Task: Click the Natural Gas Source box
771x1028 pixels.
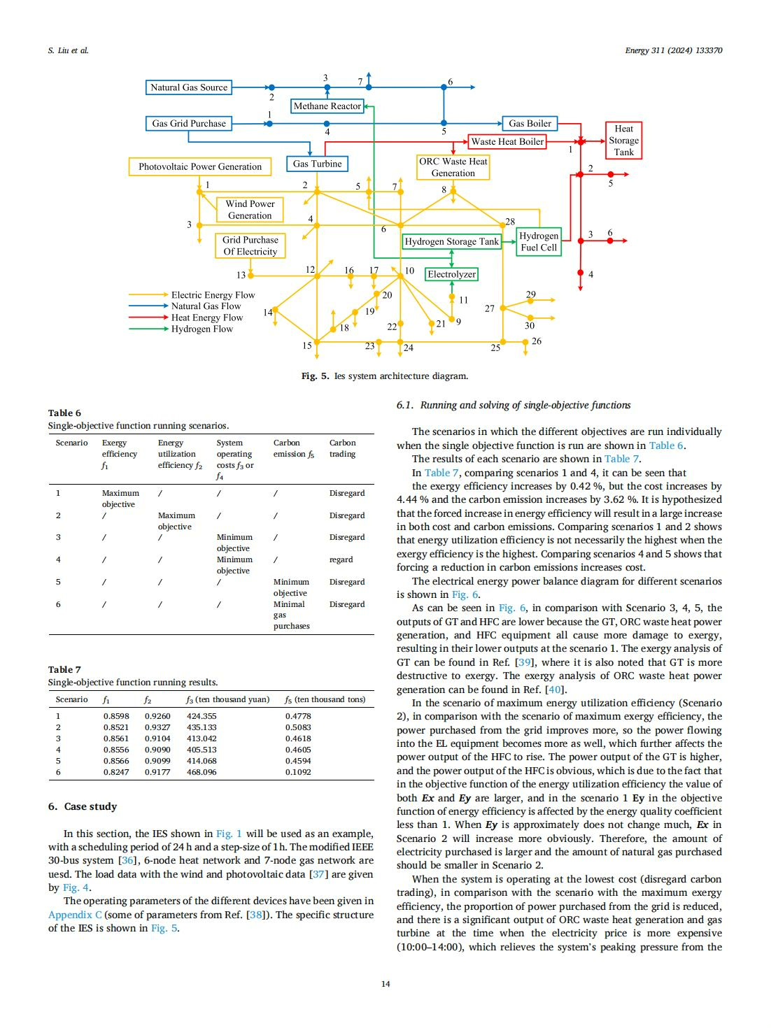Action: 189,87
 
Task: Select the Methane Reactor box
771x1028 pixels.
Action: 327,106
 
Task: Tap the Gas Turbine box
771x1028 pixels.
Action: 317,164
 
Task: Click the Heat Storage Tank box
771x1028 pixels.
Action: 623,140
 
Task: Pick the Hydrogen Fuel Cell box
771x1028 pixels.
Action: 539,241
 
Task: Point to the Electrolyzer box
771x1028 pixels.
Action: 451,274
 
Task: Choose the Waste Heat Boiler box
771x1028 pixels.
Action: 507,141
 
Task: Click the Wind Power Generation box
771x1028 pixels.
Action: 250,210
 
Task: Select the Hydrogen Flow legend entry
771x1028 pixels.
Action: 201,329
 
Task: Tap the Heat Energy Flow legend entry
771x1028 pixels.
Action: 206,317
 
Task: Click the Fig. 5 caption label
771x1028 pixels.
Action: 315,376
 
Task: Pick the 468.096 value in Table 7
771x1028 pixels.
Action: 201,772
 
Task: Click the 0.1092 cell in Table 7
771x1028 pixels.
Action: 298,772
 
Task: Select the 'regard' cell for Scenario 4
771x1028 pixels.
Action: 341,559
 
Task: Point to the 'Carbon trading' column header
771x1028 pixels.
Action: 342,448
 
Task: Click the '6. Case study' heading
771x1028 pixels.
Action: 83,806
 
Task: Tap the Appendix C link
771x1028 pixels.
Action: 75,915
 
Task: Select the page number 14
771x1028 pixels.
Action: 385,984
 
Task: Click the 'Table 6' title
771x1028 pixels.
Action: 64,413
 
